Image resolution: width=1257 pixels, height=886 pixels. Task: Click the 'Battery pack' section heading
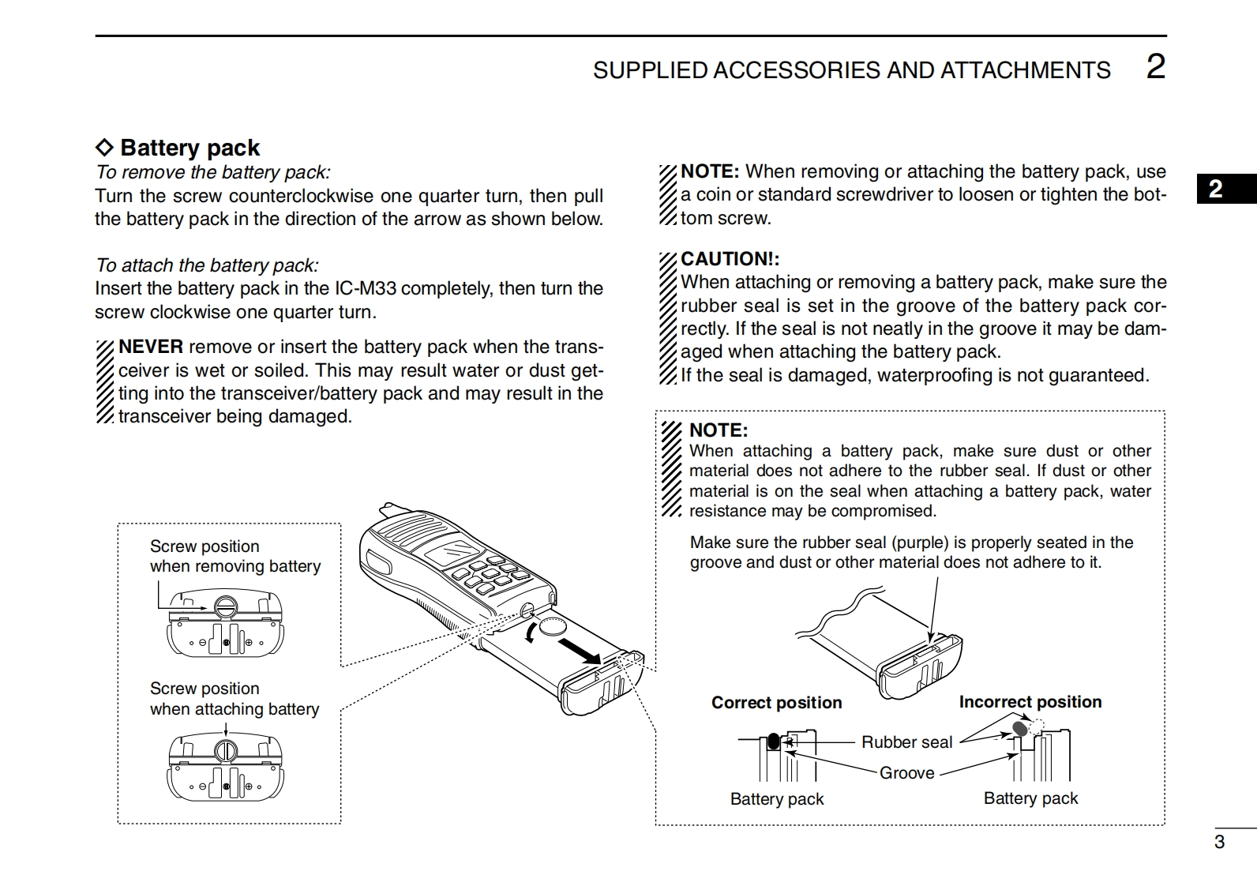pyautogui.click(x=189, y=148)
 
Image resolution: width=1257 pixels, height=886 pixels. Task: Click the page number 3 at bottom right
pyautogui.click(x=1219, y=842)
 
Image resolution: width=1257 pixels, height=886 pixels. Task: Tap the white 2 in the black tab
pyautogui.click(x=1216, y=189)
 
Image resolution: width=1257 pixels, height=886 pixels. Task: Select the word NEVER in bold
pyautogui.click(x=151, y=347)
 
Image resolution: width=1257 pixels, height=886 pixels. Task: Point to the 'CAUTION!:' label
pyautogui.click(x=730, y=259)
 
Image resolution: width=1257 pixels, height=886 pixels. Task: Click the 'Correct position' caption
pyautogui.click(x=776, y=703)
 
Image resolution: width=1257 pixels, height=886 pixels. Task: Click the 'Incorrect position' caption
pyautogui.click(x=1030, y=702)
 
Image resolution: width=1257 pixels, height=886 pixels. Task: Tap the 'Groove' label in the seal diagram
pyautogui.click(x=906, y=773)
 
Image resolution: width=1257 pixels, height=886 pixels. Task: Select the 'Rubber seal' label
pyautogui.click(x=906, y=742)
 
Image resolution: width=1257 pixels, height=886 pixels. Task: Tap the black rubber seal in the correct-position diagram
pyautogui.click(x=774, y=742)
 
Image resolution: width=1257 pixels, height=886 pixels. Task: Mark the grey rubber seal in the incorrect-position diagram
pyautogui.click(x=1020, y=727)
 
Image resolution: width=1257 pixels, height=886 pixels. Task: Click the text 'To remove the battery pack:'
pyautogui.click(x=213, y=172)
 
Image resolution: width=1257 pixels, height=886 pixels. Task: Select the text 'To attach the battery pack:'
pyautogui.click(x=207, y=265)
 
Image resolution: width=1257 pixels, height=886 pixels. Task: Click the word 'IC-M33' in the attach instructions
pyautogui.click(x=366, y=288)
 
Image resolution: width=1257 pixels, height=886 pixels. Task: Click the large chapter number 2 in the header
pyautogui.click(x=1155, y=66)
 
